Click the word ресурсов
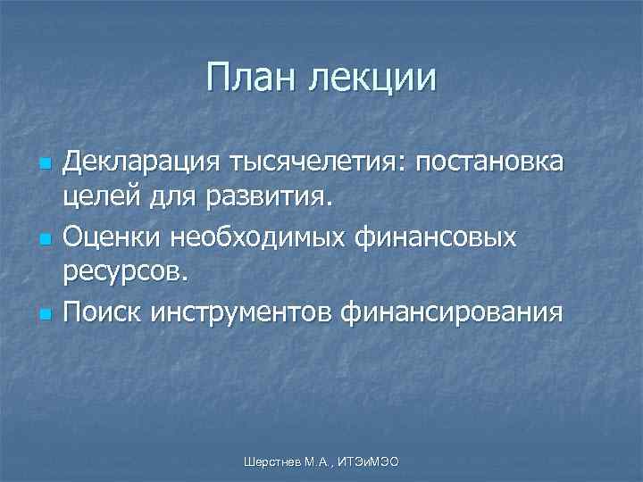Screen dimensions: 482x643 (x=125, y=270)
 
